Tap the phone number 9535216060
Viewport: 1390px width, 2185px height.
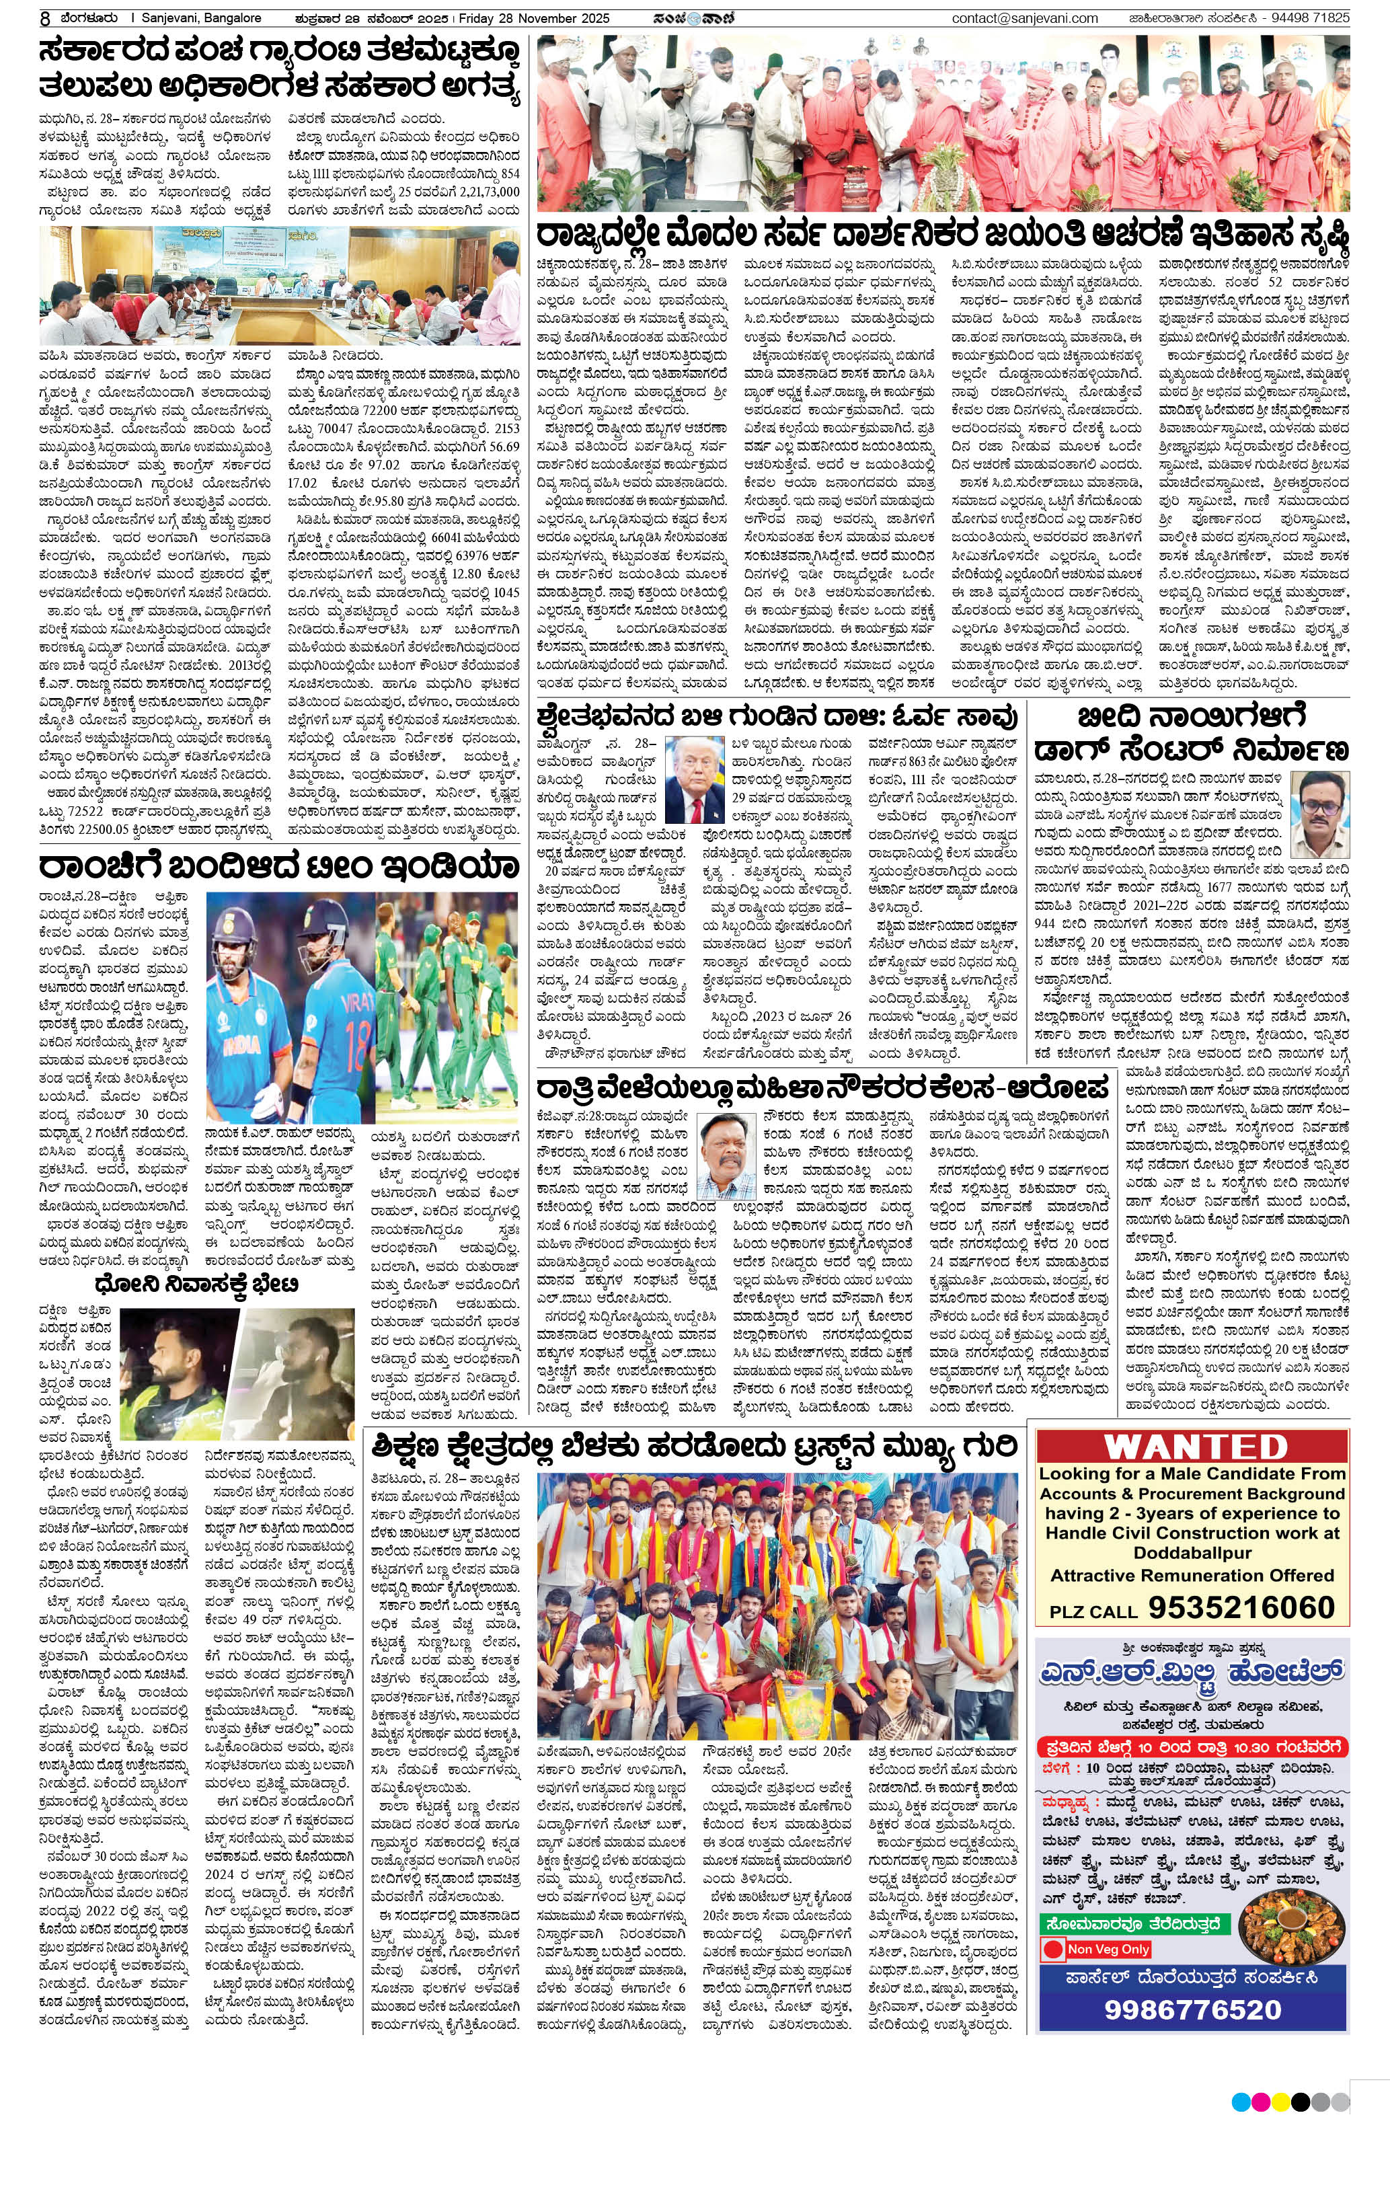[1241, 1607]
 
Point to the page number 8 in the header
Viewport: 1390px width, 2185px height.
[44, 17]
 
